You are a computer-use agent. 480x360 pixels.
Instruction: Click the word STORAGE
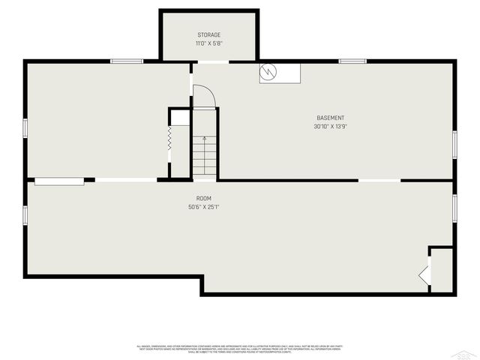tap(209, 35)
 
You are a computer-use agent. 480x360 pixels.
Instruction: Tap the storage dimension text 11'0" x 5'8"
tap(209, 43)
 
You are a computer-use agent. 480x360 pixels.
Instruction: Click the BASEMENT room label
tap(330, 118)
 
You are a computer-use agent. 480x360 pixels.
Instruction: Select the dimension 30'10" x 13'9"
tap(330, 127)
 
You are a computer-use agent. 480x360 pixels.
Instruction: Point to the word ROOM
tap(193, 198)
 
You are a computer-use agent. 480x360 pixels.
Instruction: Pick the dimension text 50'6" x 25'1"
tap(203, 207)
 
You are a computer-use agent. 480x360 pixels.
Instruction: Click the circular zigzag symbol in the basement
tap(268, 72)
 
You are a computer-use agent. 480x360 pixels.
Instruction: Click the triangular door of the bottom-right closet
tap(425, 275)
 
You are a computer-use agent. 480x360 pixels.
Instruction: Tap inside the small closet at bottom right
tap(442, 270)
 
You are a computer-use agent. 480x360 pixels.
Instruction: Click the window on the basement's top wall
tap(352, 61)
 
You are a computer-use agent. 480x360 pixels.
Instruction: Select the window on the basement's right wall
tap(454, 144)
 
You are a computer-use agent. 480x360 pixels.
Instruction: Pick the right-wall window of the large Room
tap(454, 207)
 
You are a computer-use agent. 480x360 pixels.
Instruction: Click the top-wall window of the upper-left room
tap(127, 61)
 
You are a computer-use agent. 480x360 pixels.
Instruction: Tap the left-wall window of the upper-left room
tap(25, 128)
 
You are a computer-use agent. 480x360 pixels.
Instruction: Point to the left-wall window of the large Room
tap(25, 214)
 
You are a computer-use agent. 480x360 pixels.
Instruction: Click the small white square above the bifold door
tap(180, 118)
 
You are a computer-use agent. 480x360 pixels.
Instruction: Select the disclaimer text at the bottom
tap(239, 349)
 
